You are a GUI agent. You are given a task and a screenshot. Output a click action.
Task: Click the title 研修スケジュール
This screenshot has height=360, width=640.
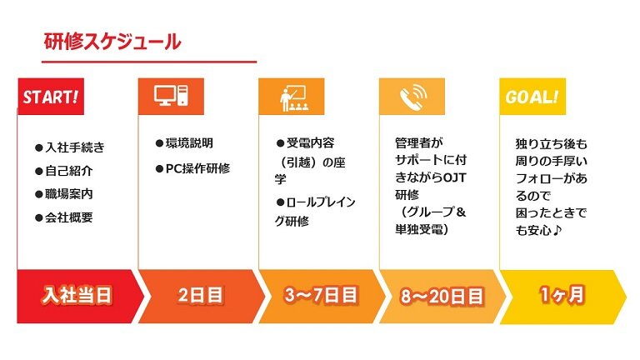[x=112, y=42]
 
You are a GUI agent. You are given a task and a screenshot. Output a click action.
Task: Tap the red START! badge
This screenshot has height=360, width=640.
[x=51, y=97]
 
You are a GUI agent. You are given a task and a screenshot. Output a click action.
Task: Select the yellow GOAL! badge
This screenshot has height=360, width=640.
[x=532, y=97]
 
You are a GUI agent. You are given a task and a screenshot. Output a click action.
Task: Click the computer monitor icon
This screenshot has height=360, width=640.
[x=171, y=96]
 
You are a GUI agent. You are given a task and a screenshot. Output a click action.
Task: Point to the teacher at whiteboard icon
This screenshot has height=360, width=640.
[x=293, y=98]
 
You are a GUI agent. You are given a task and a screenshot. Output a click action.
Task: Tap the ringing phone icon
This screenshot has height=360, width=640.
[x=413, y=97]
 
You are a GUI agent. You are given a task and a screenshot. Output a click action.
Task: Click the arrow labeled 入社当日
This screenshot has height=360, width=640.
[x=80, y=297]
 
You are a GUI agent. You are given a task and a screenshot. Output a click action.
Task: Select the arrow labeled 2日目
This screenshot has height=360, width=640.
[x=202, y=297]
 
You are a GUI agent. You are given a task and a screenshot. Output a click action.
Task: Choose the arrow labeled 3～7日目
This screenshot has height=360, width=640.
[x=322, y=297]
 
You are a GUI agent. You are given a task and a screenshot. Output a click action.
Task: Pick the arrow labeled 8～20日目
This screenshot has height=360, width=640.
[x=442, y=297]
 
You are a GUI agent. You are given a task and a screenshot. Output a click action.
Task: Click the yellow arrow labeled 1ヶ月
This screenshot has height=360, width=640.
[x=562, y=297]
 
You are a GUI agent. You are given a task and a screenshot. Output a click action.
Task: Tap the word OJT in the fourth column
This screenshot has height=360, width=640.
[x=454, y=177]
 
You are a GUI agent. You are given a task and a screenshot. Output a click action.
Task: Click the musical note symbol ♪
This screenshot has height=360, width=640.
[x=557, y=230]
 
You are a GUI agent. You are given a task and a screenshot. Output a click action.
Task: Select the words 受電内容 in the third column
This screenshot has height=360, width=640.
[x=310, y=143]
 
